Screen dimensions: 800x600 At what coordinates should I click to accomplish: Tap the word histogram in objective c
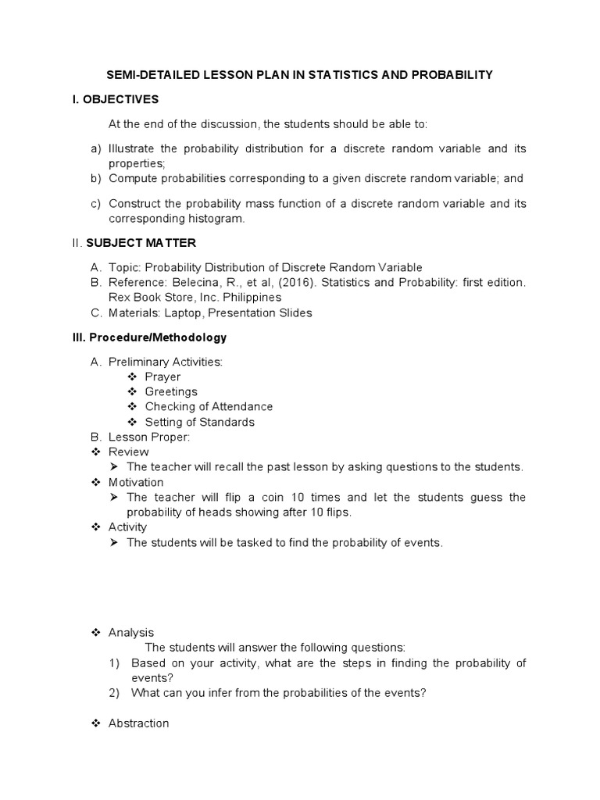tap(215, 219)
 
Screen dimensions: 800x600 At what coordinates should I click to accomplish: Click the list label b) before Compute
tap(96, 178)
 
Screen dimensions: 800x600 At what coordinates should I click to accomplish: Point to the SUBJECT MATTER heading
tap(152, 243)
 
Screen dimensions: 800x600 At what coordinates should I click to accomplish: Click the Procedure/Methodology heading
tap(157, 337)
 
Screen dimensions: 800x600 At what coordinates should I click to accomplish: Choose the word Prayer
tap(162, 377)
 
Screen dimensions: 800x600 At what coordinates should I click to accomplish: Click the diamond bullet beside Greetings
tap(131, 391)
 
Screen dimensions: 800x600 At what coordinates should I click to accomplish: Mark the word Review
tap(128, 452)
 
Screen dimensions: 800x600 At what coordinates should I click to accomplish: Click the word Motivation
tap(136, 482)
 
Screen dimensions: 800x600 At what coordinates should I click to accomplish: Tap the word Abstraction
tap(138, 723)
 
